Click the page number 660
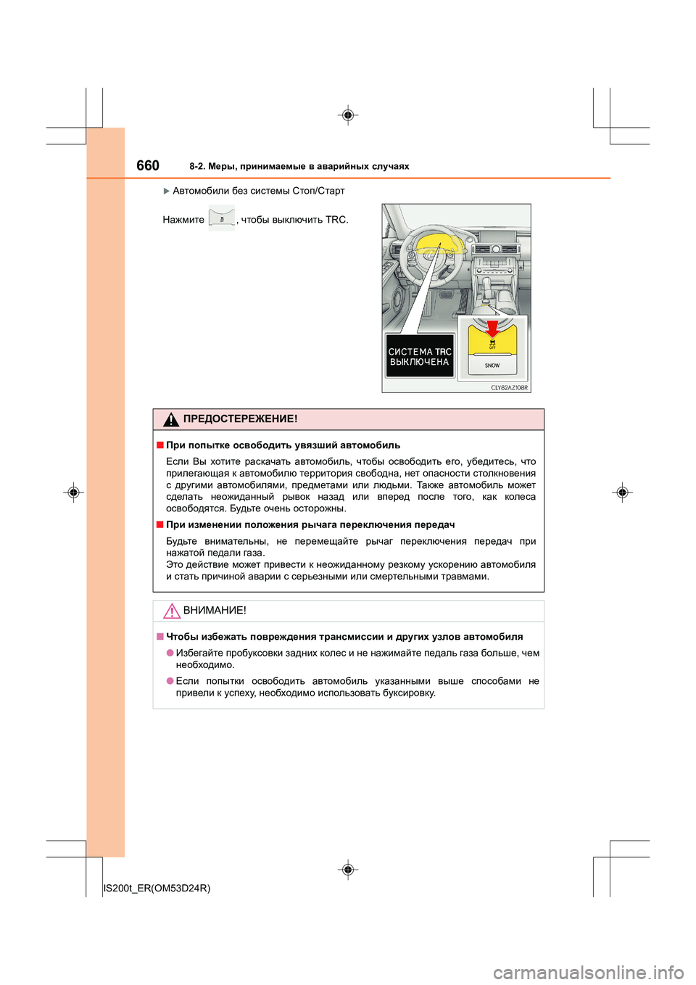tap(148, 165)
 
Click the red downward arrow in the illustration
tap(492, 329)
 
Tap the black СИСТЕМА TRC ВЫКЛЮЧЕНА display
tap(420, 356)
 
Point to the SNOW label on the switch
tap(492, 366)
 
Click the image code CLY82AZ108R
tap(509, 387)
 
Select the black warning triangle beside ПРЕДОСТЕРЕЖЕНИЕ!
tap(171, 419)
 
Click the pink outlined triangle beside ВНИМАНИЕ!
tap(171, 611)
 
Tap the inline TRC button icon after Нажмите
tap(222, 218)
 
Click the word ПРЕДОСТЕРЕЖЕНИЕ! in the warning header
tap(240, 419)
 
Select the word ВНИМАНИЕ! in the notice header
tap(215, 611)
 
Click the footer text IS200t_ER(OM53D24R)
tap(157, 888)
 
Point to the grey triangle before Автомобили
tap(166, 191)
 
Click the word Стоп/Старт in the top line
tap(318, 191)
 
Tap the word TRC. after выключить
tap(336, 220)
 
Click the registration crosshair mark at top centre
tap(348, 115)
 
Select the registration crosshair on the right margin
tap(622, 492)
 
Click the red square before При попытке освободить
tap(159, 445)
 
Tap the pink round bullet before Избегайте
tap(170, 653)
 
